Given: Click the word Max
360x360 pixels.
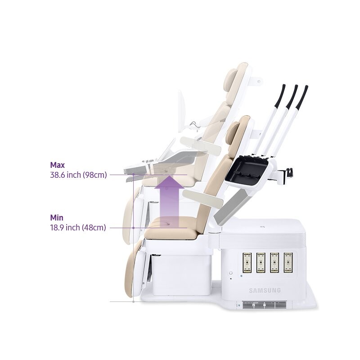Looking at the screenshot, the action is coord(58,165).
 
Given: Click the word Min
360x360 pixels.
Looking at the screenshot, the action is coord(57,218).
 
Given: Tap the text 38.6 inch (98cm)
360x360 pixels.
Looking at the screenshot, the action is coord(78,175).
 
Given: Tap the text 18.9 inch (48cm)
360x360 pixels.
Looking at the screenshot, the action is coord(78,228).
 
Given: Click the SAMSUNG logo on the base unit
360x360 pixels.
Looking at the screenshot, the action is coord(265,290).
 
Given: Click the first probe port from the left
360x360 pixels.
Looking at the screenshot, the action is coord(247,262).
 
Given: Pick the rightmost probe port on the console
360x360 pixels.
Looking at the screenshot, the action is coord(288,262).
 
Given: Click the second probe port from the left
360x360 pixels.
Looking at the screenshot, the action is coord(261,262).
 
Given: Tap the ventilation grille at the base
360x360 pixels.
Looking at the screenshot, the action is coord(264,305).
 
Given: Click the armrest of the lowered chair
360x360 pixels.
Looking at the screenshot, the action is coord(203,198).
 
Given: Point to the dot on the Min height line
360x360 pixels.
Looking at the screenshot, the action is coord(133,228).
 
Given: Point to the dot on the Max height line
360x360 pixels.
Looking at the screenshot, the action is coord(133,175).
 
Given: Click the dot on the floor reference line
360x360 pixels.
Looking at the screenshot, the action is coord(133,301).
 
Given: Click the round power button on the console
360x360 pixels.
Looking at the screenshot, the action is coord(231,273).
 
